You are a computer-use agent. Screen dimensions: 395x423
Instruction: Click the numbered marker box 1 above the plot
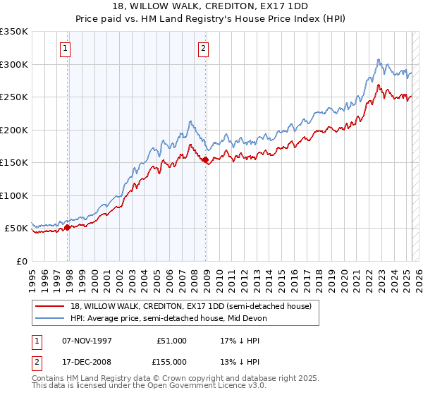click(65, 49)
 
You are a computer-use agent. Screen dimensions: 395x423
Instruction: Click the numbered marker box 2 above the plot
click(203, 49)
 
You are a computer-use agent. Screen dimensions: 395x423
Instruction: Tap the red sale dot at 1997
click(68, 227)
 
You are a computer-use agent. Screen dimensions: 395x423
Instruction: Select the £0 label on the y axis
click(21, 261)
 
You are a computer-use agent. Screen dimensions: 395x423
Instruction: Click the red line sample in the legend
click(49, 306)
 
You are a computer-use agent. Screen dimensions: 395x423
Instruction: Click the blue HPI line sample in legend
click(49, 318)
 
